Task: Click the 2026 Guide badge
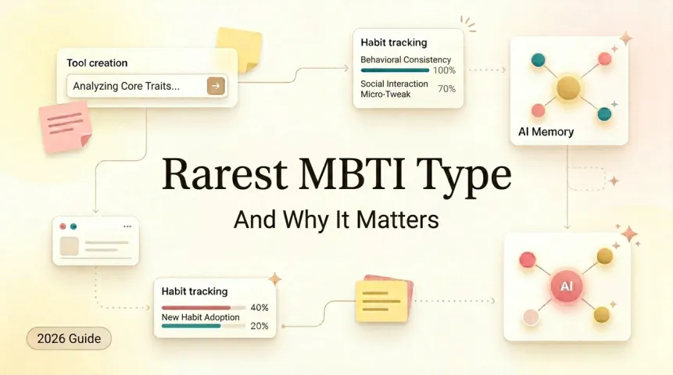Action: [69, 338]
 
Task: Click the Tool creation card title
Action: [97, 62]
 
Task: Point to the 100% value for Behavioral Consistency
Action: [444, 70]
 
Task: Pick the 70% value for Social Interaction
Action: [446, 88]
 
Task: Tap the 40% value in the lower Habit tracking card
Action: [259, 308]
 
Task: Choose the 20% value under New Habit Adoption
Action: [259, 326]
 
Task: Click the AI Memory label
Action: [546, 132]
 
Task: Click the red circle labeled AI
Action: [567, 287]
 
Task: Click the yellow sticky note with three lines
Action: [381, 301]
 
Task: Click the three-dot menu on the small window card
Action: [127, 227]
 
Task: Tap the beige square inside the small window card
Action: [70, 245]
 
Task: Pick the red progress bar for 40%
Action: [196, 308]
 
